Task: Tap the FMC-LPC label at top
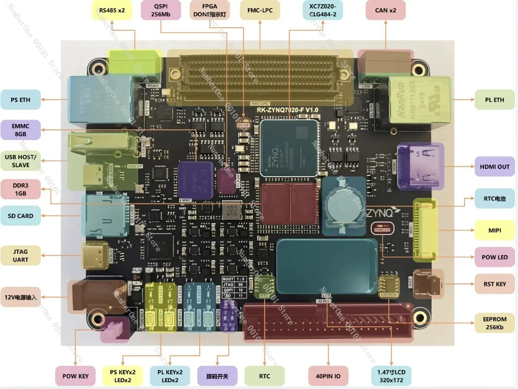pos(259,10)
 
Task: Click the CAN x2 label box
pos(385,10)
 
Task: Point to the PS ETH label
pos(20,100)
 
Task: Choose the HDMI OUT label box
pos(494,166)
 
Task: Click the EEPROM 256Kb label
pos(494,323)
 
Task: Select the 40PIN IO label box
pos(328,376)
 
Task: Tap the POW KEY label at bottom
pos(75,376)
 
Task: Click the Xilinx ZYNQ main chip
pos(289,148)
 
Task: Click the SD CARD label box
pos(20,215)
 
